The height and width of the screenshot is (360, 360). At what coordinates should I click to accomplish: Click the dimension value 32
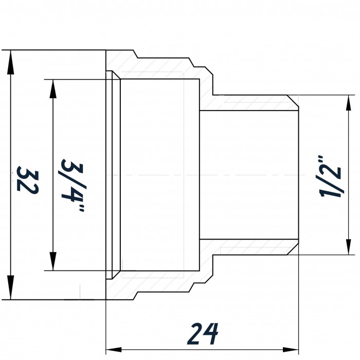28,180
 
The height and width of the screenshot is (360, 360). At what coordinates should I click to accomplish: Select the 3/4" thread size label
73,185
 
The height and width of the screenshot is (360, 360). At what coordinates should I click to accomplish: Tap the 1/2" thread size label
330,176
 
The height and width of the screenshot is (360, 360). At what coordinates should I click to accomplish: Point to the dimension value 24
203,334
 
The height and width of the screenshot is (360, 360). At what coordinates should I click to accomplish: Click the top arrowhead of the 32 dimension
10,62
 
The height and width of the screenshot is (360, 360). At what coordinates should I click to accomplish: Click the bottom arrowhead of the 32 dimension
10,287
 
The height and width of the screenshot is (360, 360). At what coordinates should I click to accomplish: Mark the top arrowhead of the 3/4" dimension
53,89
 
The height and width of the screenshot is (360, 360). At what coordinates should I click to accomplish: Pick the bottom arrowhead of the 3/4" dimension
53,261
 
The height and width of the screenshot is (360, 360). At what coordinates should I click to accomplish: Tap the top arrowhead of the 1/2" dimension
349,103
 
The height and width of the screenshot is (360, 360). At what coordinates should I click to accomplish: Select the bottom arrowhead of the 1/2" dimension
349,247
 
